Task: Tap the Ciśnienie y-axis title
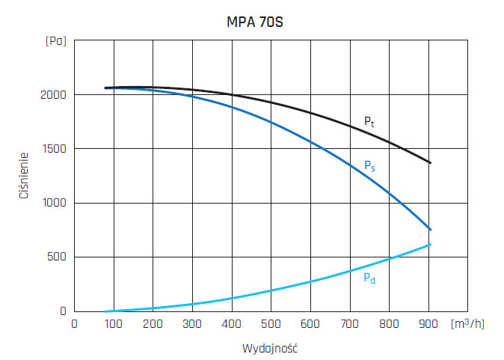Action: (24, 176)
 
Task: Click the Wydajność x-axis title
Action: (270, 349)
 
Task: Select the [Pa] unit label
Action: (56, 41)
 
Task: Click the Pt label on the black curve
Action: (369, 120)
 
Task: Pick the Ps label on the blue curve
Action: (369, 165)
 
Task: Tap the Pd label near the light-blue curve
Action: (369, 278)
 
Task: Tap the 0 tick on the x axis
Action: (74, 323)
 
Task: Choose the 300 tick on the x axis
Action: (192, 323)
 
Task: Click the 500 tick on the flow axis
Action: (271, 323)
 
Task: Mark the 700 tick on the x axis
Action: (349, 323)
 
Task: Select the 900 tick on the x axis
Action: (428, 323)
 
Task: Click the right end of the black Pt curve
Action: (430, 162)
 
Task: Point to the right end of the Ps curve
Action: (430, 229)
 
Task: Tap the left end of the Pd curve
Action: (106, 311)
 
